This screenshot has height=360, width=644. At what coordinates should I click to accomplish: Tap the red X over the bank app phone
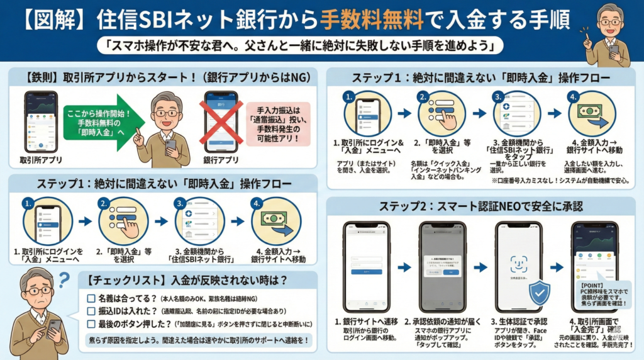coord(221,124)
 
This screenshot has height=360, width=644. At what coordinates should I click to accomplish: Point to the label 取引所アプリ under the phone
coord(40,160)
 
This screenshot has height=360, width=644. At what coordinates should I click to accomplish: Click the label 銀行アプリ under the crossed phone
coord(221,160)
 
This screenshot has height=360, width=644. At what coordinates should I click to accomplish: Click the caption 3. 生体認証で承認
coord(519,322)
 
